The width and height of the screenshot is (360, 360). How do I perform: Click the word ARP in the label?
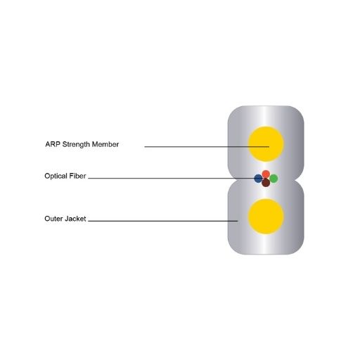tap(53, 144)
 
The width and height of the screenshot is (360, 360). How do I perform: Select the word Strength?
tap(76, 145)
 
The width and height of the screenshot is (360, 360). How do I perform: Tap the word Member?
tap(105, 144)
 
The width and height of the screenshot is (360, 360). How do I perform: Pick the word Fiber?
tap(77, 176)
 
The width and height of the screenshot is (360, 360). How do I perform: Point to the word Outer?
tap(53, 219)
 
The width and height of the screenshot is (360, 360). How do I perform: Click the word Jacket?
tap(75, 219)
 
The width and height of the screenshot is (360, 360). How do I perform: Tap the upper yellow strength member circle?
tap(266, 144)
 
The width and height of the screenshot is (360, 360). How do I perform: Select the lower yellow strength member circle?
tap(266, 217)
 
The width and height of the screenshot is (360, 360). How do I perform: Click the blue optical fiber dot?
tap(258, 179)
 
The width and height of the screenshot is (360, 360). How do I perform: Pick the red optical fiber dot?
tap(266, 174)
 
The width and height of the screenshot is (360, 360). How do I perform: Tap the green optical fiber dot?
tap(274, 179)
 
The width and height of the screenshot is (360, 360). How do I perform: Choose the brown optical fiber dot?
tap(266, 183)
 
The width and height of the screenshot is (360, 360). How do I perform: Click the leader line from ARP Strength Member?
tap(207, 147)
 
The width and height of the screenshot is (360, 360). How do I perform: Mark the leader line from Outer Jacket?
tap(163, 221)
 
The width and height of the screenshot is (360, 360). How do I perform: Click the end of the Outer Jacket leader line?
tap(238, 221)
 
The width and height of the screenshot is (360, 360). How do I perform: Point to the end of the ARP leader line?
tap(269, 147)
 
